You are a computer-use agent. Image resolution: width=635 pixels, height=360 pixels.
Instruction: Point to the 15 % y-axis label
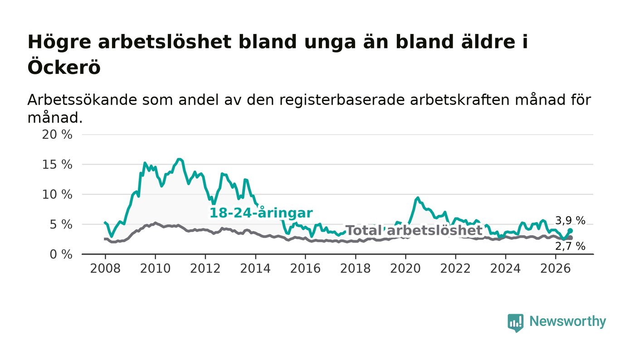tap(57, 165)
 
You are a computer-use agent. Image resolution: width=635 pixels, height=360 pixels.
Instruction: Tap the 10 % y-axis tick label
tap(57, 195)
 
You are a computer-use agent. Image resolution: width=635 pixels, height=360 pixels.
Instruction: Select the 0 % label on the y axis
tap(61, 254)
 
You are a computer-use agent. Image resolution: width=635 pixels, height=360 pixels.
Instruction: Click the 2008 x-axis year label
tap(105, 268)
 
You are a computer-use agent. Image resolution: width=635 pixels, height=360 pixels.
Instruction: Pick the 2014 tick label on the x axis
tap(255, 268)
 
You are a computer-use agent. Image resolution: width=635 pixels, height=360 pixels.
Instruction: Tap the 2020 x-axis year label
tap(405, 268)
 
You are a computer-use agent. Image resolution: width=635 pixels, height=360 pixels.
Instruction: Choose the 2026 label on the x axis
tap(555, 268)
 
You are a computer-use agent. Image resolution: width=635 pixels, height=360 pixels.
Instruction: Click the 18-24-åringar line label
tap(261, 213)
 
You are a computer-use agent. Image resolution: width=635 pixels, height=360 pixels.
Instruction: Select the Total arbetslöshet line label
tap(414, 230)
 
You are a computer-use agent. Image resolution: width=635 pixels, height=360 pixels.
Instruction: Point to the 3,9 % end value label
tap(570, 220)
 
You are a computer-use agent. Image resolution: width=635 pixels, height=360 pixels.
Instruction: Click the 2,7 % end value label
tap(570, 246)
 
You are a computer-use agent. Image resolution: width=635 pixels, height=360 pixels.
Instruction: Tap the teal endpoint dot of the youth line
tap(570, 231)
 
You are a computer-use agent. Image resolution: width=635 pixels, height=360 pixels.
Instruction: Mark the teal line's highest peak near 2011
tap(179, 159)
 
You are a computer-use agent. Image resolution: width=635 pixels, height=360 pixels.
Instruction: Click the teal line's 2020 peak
tap(418, 198)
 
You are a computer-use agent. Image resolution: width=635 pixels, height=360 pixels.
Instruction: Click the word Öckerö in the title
tap(64, 67)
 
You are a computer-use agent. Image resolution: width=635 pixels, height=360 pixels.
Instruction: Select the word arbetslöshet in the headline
tap(165, 42)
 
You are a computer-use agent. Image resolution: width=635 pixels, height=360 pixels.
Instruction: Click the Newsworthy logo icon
tap(515, 323)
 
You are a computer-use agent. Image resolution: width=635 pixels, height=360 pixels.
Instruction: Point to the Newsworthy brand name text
tap(567, 321)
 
